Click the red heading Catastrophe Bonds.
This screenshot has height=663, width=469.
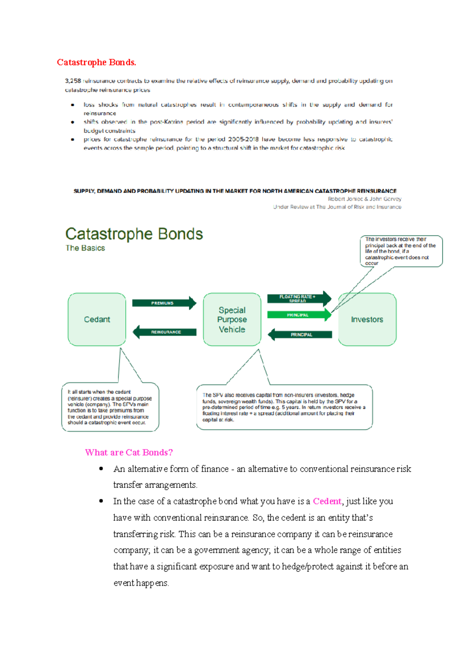97,62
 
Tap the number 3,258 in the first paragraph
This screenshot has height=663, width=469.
73,81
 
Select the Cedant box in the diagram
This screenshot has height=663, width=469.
97,319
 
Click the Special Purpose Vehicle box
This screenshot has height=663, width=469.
232,319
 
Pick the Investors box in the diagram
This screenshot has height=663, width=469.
367,319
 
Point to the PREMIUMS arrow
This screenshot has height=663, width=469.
164,303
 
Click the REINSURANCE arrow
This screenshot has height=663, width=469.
165,332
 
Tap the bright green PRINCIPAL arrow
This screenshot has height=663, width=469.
299,315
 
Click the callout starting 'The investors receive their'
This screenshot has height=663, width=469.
401,251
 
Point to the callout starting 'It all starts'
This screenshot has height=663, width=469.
110,407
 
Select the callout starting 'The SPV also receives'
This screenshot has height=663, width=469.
284,407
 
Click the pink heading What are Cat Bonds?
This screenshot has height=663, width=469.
129,453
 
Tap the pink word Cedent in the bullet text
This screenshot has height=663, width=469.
327,501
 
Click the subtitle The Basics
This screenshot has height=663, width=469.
85,248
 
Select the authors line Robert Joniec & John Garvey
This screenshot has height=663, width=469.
364,199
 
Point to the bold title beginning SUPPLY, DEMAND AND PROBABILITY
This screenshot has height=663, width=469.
235,191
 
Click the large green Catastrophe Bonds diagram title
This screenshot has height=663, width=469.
134,234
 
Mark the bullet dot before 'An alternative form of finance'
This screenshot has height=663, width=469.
101,469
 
